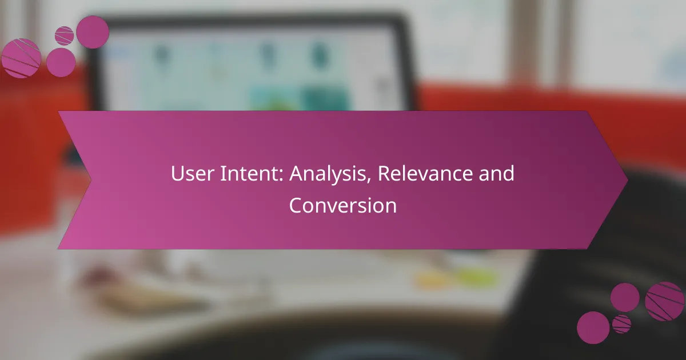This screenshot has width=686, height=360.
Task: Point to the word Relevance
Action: coord(425,173)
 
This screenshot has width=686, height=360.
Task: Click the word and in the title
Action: coord(496,173)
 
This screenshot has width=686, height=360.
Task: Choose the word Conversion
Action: coord(342,205)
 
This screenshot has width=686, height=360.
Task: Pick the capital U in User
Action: coord(177,173)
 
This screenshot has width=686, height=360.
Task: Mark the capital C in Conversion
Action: coord(296,205)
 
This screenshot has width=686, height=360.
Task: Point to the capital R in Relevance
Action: coord(384,173)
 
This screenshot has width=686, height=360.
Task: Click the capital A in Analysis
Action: coord(297,173)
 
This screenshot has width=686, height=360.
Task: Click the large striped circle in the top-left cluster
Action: coord(21,58)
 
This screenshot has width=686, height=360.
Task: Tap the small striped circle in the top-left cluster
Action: coord(64,36)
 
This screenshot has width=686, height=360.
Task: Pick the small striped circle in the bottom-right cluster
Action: coord(621,324)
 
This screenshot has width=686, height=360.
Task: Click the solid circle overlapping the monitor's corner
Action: coord(93,32)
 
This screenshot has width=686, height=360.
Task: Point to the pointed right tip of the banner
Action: coord(628,180)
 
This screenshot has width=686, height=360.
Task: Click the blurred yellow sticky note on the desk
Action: coord(432,279)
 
